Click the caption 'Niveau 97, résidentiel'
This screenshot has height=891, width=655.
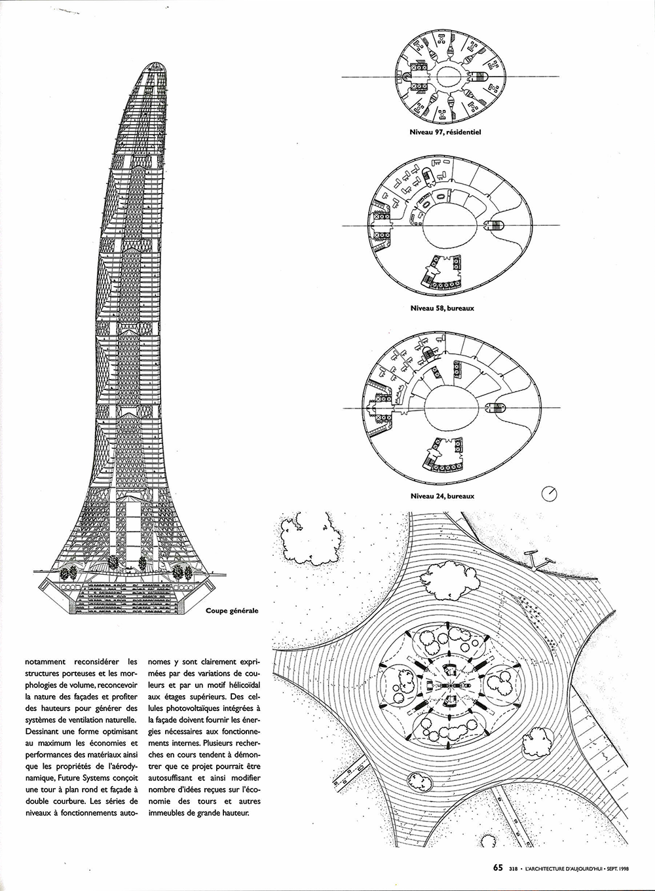click(x=445, y=132)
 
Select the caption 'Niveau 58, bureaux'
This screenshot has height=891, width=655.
click(x=442, y=308)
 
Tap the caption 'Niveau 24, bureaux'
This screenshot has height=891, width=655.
click(x=442, y=496)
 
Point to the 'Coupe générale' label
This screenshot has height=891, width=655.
click(x=232, y=610)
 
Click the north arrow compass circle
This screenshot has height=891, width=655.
click(x=549, y=494)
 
